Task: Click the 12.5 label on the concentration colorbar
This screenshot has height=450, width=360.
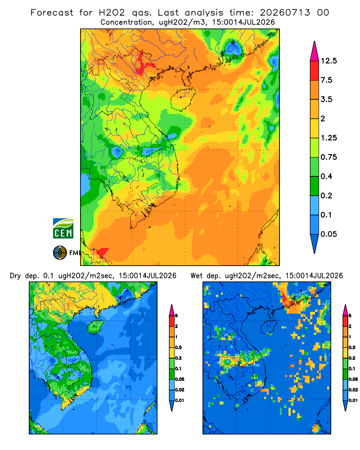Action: pos(328,61)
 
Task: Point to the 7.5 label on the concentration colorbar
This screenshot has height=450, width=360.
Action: pos(326,80)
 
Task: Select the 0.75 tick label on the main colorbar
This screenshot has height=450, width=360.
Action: pos(328,157)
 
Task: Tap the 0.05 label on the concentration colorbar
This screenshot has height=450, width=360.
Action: pos(328,234)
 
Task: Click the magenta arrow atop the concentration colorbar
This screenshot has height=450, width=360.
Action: pos(315,51)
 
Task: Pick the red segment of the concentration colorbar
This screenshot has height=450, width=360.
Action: pos(315,71)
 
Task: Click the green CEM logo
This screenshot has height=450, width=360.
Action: pos(63,229)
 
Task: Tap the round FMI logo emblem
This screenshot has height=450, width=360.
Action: pos(60,252)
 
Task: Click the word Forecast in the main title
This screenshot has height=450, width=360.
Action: pos(52,13)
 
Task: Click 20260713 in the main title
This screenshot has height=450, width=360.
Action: pos(285,13)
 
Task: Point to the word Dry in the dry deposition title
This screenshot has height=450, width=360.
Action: pos(15,276)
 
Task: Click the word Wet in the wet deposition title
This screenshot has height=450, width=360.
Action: pos(197,276)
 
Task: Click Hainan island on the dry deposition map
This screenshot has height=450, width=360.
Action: pos(95,327)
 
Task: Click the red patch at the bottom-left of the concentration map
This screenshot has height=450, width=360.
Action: pos(102,252)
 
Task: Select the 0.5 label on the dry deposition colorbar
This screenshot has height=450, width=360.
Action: pos(178,347)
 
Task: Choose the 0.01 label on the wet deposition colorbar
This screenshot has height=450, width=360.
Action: pos(353,400)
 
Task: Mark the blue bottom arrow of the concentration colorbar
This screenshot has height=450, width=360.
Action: pos(315,243)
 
